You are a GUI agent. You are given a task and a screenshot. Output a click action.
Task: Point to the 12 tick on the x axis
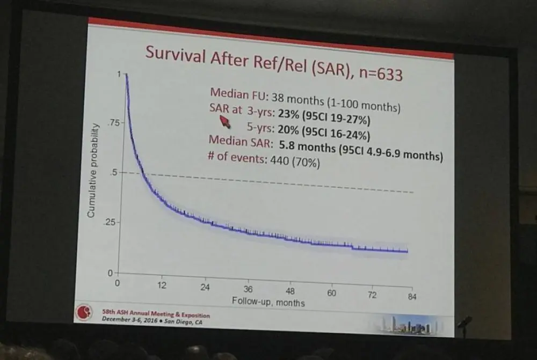tap(162, 285)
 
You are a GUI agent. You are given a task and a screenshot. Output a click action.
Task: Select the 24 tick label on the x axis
tap(205, 288)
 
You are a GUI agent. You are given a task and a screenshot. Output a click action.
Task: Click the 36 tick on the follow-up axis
tap(248, 289)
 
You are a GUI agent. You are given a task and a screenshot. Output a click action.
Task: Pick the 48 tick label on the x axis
tap(290, 291)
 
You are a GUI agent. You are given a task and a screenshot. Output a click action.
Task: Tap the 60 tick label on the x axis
tap(331, 293)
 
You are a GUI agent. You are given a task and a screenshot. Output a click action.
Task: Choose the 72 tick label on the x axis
tap(372, 295)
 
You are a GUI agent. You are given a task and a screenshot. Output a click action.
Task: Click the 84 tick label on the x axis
tap(412, 296)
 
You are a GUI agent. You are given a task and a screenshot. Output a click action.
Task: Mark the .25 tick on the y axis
tap(110, 222)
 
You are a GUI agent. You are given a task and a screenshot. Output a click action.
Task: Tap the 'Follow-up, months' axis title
tap(268, 302)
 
